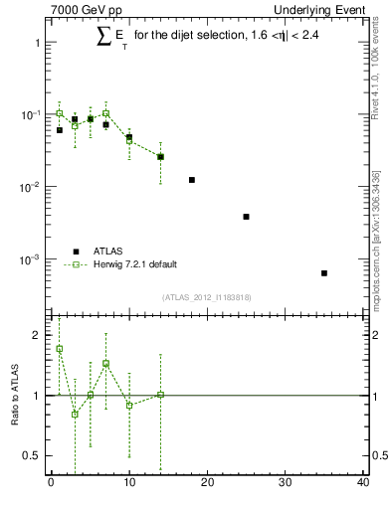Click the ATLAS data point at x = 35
tap(324, 273)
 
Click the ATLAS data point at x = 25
tap(246, 217)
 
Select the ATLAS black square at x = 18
tap(191, 180)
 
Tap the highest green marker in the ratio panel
tap(60, 349)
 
